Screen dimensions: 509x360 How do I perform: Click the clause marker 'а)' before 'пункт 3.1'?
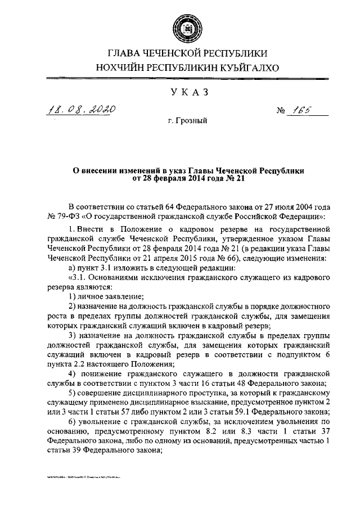tap(71, 267)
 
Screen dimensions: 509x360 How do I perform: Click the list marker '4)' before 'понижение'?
tap(72, 373)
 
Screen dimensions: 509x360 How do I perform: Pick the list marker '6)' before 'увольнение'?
tap(72, 422)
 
